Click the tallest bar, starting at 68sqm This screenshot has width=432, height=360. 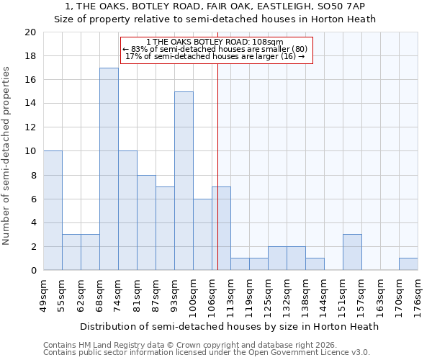[x=109, y=169]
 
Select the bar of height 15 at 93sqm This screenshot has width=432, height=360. [x=184, y=181]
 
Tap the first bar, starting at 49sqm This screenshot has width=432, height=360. [x=53, y=210]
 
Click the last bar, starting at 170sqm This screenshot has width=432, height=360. [x=408, y=264]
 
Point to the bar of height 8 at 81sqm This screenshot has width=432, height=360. [x=146, y=222]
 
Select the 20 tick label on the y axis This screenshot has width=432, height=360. [x=30, y=32]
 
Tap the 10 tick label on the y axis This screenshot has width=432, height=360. [x=30, y=151]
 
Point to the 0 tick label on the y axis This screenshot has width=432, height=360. [x=32, y=271]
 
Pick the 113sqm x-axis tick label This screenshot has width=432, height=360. [x=230, y=296]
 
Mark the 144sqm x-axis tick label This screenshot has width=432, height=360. [x=324, y=296]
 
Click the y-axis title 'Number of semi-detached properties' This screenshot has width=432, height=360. [x=7, y=155]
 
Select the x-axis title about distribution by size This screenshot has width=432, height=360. [x=229, y=326]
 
